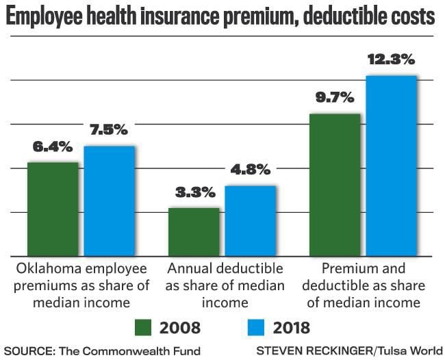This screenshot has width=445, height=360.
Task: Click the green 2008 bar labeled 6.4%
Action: click(x=53, y=209)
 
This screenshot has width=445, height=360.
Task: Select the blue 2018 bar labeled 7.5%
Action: click(x=109, y=201)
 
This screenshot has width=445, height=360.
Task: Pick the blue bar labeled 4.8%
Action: click(x=250, y=220)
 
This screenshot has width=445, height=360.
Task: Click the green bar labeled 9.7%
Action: click(x=335, y=185)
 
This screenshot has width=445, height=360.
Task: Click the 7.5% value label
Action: click(x=109, y=131)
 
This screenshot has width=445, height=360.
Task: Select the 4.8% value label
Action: click(x=251, y=170)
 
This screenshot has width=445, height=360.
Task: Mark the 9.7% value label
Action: click(x=335, y=99)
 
